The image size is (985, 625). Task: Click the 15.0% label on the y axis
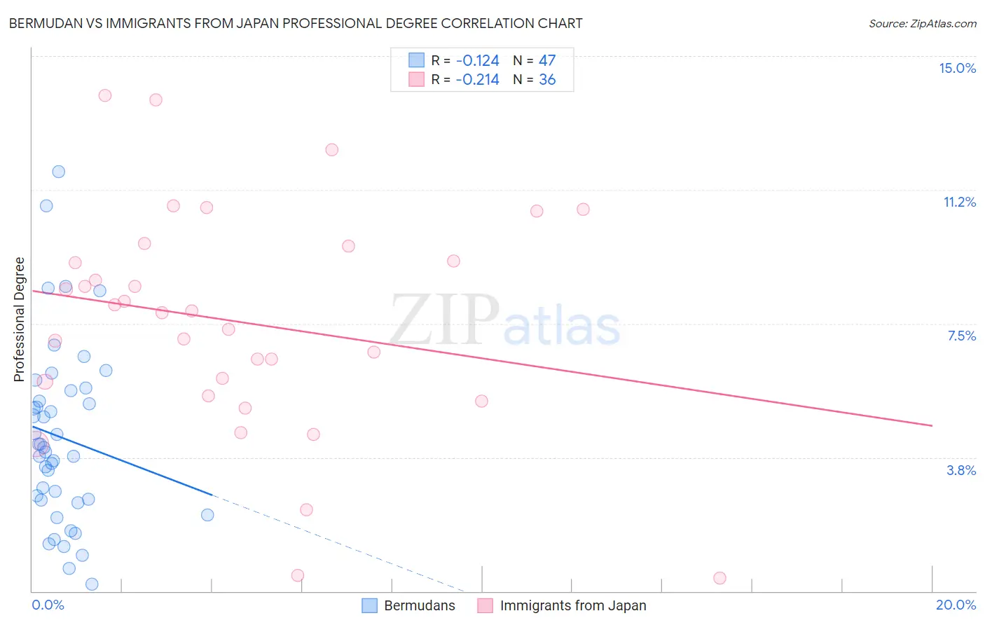point(957,68)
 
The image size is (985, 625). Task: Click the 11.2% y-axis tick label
point(959,202)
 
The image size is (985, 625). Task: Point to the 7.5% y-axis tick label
point(961,336)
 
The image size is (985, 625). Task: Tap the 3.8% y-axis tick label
point(961,470)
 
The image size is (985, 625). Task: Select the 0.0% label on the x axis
point(48,605)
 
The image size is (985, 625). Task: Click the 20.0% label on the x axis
point(956,605)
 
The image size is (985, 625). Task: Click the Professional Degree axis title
point(20,320)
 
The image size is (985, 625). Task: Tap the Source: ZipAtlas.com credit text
point(922,24)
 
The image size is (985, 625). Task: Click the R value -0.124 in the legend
point(477,61)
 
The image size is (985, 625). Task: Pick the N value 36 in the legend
point(547,80)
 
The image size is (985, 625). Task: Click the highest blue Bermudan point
point(59,172)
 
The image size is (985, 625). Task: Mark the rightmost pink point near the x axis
point(719,578)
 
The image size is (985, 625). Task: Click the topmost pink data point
point(105,95)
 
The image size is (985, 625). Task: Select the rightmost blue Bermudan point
point(207,515)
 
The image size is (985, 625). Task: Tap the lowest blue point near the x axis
point(92,584)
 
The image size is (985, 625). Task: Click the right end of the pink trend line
point(932,425)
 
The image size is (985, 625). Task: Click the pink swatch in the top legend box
point(417,80)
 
